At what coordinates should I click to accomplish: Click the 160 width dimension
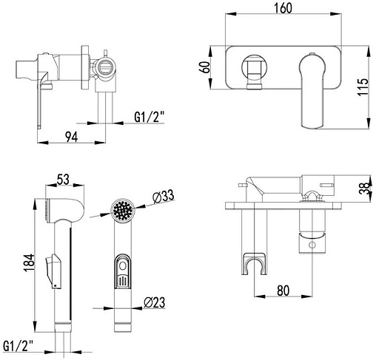[283, 8]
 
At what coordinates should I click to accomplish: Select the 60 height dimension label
[205, 67]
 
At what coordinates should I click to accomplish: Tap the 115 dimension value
[363, 87]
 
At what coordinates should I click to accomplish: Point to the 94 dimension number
[72, 137]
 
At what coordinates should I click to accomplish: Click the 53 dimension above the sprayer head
[64, 180]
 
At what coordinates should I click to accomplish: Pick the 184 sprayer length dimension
[29, 262]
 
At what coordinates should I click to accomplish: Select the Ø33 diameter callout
[163, 197]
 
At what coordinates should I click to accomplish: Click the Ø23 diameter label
[155, 302]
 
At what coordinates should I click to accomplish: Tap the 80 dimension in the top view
[283, 291]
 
